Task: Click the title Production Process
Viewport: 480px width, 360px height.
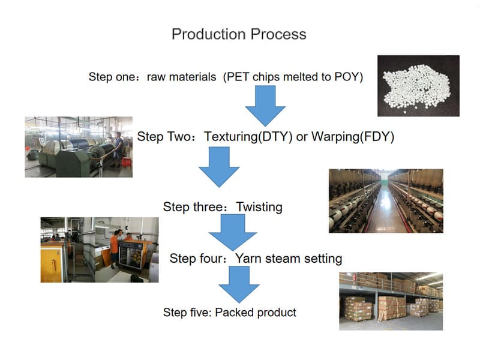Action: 239,34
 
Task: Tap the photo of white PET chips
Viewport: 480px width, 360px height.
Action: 418,85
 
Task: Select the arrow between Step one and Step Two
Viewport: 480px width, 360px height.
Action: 265,105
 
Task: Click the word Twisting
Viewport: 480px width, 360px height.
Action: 259,207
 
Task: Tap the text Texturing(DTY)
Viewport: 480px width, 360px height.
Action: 248,136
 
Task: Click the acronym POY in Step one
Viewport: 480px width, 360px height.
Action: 349,77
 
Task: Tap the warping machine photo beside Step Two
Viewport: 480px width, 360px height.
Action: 79,147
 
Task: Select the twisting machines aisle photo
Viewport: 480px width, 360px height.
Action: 386,200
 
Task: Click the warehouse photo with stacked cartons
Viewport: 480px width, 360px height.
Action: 391,301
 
